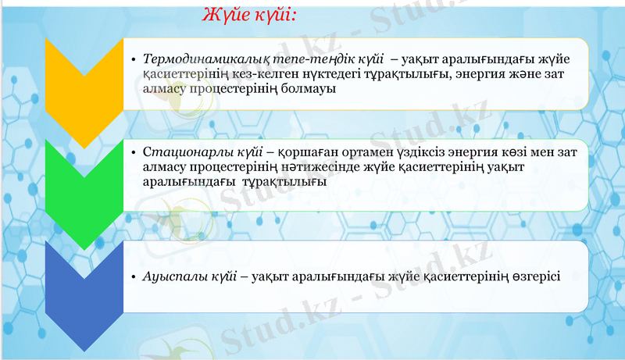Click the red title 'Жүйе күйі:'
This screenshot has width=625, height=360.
[249, 15]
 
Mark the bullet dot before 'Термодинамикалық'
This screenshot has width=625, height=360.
[134, 59]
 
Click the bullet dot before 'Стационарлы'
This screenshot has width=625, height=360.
[134, 152]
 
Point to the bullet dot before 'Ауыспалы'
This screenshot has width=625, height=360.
[134, 276]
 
